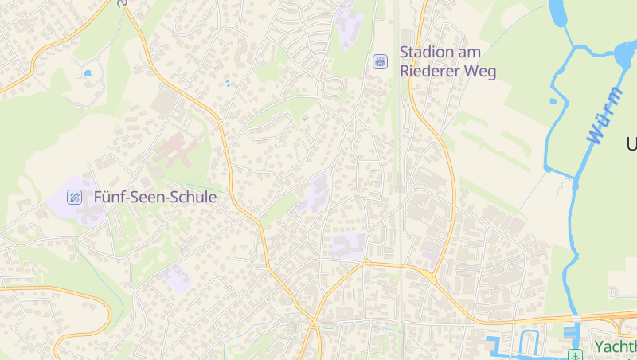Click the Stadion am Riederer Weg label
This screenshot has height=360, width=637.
click(447, 61)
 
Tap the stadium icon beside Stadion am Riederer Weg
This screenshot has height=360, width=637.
click(381, 61)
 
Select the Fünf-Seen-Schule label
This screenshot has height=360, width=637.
click(154, 196)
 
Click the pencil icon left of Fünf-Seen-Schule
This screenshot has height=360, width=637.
click(75, 196)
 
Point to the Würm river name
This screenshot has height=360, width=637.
click(605, 115)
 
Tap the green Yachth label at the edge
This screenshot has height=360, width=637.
click(615, 346)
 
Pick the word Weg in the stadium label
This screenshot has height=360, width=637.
click(479, 72)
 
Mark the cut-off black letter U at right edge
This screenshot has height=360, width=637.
click(631, 144)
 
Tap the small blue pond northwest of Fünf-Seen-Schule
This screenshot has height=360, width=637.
click(87, 73)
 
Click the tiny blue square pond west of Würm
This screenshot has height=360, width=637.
click(553, 101)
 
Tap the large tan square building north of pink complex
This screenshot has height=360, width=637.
click(165, 104)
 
